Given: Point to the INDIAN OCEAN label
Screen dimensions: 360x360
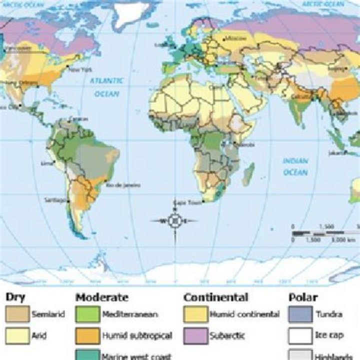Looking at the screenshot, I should pyautogui.click(x=296, y=166).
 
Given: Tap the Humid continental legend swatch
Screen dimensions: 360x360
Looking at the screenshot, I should pyautogui.click(x=195, y=314).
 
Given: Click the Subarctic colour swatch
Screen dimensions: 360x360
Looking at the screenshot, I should pyautogui.click(x=195, y=335).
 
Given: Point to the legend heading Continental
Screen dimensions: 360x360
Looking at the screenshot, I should pyautogui.click(x=215, y=297).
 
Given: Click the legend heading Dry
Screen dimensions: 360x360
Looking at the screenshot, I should pyautogui.click(x=15, y=297).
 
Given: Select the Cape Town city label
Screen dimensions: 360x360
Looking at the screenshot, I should pyautogui.click(x=183, y=202).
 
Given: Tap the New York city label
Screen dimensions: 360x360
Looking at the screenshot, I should pyautogui.click(x=80, y=70).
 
